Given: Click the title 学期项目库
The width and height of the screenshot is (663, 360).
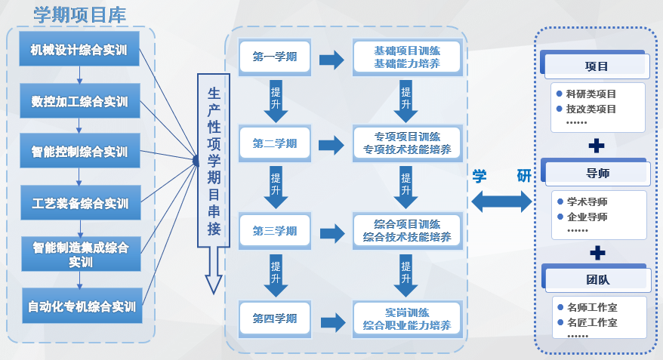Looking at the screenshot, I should (x=79, y=14).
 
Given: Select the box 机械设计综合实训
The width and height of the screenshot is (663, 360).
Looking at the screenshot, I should (x=80, y=51).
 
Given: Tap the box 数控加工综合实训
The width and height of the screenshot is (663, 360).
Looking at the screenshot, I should (x=80, y=102).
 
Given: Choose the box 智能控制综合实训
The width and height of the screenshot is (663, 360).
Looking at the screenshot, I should (x=80, y=152).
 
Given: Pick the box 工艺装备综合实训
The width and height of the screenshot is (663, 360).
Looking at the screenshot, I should (x=80, y=204).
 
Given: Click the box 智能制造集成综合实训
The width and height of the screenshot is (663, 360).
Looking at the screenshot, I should (x=80, y=254).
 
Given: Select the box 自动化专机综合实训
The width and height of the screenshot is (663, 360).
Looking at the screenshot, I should (x=80, y=306).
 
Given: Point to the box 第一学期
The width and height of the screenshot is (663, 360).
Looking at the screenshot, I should (x=275, y=57).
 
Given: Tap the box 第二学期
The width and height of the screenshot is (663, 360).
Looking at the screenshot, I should (x=275, y=143).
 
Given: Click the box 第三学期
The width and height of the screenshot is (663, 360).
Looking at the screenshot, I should (x=275, y=231).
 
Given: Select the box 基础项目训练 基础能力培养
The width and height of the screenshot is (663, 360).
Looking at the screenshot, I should (x=407, y=58).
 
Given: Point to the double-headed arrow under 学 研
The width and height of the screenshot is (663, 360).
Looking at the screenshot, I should (x=501, y=201).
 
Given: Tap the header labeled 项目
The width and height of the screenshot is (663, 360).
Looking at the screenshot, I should (x=597, y=66).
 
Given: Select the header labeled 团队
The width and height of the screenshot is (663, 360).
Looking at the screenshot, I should (x=597, y=280).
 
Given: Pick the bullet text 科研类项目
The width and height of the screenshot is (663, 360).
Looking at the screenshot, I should (x=591, y=94).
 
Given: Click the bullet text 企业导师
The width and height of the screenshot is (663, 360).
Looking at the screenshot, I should (x=587, y=217).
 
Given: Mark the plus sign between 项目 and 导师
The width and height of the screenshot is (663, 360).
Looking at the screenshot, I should (x=597, y=144).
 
